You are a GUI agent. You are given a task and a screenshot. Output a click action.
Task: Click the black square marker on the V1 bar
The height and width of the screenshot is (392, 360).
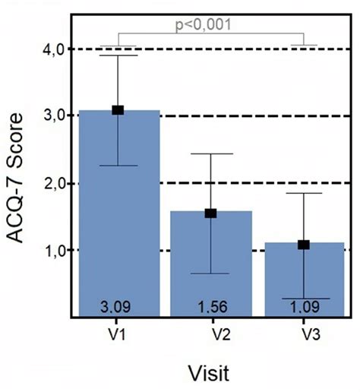pos(118,110)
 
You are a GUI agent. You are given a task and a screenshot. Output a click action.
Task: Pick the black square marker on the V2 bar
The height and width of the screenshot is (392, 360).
pos(210,213)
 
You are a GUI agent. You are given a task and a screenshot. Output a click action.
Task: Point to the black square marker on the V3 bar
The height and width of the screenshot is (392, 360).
pos(304,245)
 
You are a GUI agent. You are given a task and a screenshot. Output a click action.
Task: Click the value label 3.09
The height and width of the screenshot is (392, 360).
pos(118,308)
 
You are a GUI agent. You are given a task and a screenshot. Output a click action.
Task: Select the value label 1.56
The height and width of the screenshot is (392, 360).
pos(210,308)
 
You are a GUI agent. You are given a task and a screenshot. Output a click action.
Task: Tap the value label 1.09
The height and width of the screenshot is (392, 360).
pos(304,308)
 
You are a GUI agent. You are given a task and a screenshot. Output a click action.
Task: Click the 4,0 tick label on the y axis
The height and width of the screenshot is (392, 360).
pos(51,49)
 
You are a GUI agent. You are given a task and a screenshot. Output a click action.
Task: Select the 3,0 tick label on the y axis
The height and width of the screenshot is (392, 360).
pos(51,115)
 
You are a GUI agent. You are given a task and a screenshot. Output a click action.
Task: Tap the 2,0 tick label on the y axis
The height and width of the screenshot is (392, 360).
pos(51,183)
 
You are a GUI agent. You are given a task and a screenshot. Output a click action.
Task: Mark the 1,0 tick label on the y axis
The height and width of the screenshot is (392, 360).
pos(51,250)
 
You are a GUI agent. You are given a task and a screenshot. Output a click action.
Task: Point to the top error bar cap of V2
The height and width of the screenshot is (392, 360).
pos(210,153)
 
